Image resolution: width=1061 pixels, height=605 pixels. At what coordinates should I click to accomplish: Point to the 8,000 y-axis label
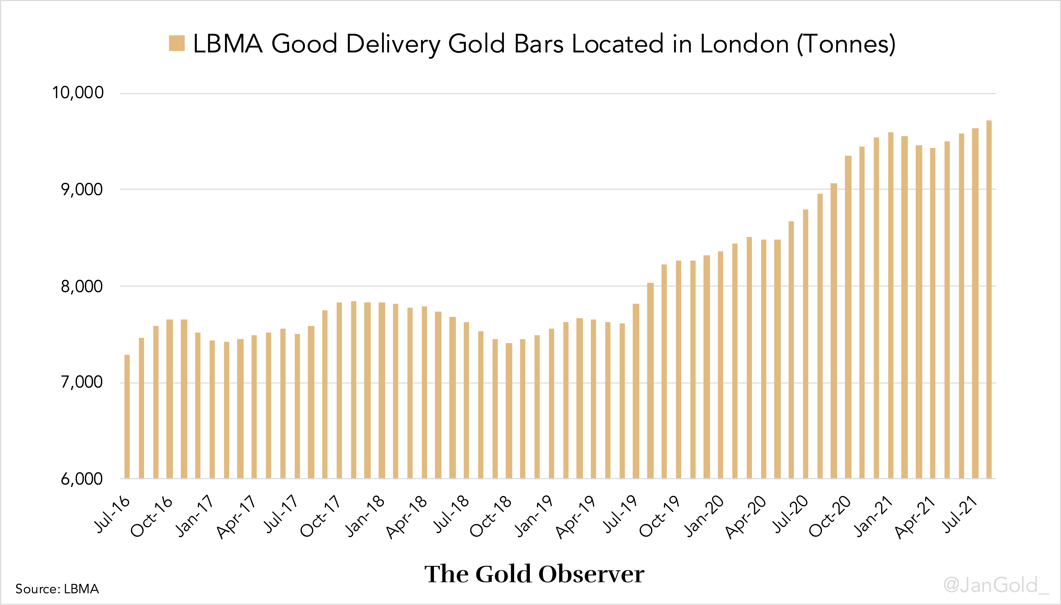(x=82, y=286)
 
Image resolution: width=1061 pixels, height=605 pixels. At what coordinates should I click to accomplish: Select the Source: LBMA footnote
(x=57, y=589)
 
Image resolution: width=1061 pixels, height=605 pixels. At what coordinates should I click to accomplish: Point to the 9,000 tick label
(x=82, y=189)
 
